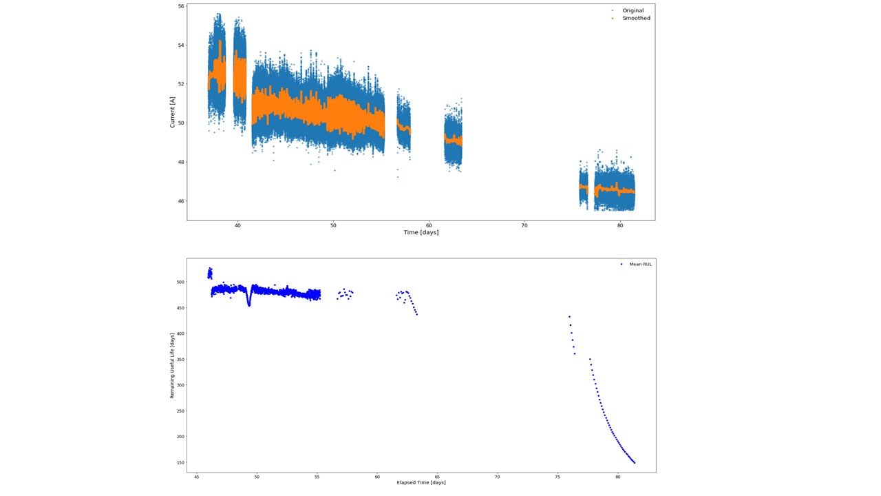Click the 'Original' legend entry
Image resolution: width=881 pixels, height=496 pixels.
point(633,10)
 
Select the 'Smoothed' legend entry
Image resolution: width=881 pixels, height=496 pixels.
point(636,19)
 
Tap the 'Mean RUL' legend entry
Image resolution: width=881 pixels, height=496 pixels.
point(640,264)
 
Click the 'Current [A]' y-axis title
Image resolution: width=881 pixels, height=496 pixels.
point(173,112)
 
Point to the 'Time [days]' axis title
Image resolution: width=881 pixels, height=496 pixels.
point(421,232)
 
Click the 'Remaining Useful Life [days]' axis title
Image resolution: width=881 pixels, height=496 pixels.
point(173,365)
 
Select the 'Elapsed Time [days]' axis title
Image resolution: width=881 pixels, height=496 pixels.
point(421,482)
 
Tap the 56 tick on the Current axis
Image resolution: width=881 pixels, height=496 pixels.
point(181,6)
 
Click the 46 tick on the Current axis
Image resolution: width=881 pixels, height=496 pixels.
point(181,201)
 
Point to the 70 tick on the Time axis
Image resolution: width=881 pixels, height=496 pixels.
point(524,225)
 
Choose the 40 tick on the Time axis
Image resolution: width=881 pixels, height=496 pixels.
point(237,225)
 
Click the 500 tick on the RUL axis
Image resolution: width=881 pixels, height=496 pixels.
point(180,282)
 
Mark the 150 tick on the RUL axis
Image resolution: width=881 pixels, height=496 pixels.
point(180,463)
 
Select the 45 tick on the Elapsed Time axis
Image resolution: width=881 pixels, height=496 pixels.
point(197,476)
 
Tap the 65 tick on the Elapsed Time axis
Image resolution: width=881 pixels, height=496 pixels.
point(438,476)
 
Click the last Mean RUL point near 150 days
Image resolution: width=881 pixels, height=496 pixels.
point(634,462)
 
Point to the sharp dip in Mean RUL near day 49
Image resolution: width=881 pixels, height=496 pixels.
point(248,304)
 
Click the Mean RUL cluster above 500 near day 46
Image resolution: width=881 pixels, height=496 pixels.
point(210,273)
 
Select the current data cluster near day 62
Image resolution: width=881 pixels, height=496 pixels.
point(453,140)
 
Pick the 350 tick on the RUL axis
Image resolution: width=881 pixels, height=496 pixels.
point(180,360)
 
